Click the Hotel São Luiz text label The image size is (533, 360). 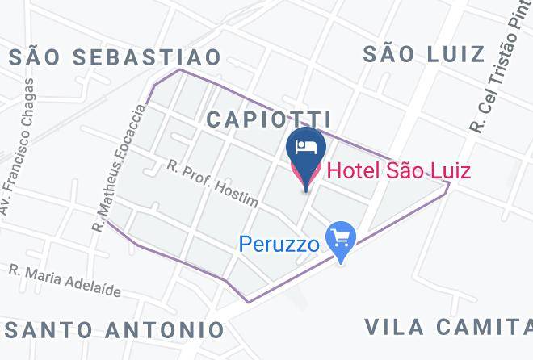[x=398, y=170]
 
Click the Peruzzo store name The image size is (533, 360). [x=278, y=242]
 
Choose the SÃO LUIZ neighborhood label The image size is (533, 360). [x=423, y=54]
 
